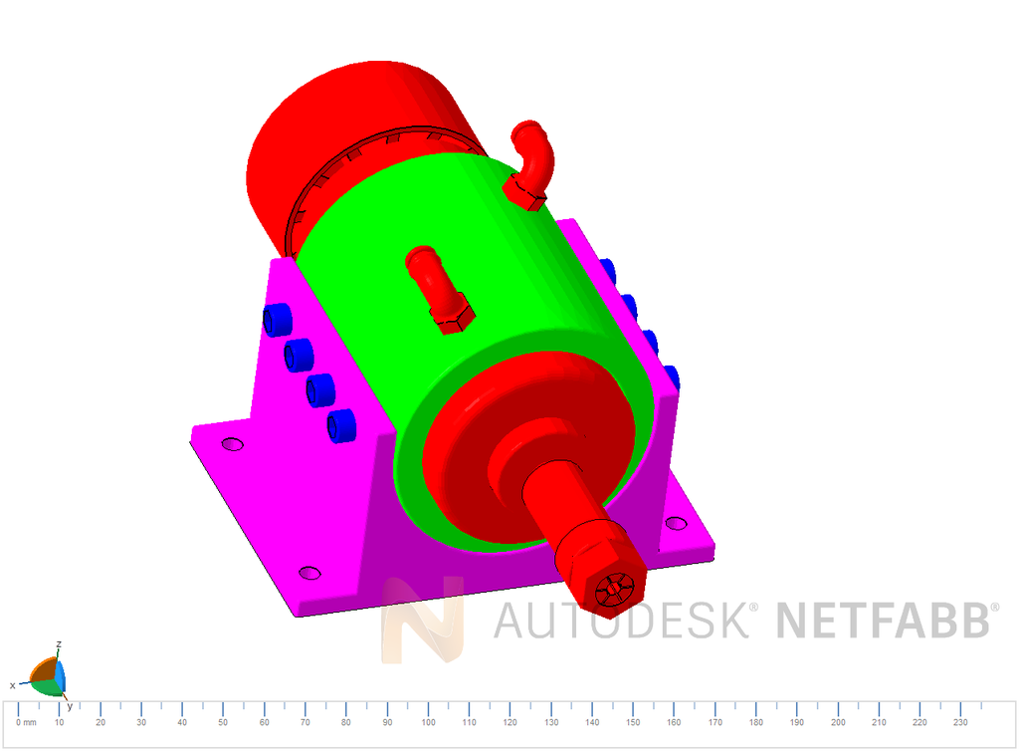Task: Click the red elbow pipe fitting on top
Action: pos(533,159)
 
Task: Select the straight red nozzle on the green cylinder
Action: pos(436,283)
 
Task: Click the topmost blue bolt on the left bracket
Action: pos(276,320)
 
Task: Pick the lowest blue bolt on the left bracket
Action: pos(341,425)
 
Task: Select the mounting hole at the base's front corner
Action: pos(309,573)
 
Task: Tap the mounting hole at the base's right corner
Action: pos(676,523)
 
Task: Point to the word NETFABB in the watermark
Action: pos(882,620)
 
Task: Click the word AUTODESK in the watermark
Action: pos(622,620)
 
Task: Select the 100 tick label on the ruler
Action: pos(428,722)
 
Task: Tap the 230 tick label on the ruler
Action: pos(960,722)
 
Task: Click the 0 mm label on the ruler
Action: pos(26,722)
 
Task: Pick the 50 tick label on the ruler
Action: pos(223,722)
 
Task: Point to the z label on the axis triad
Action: pos(60,644)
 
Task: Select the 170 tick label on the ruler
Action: pos(714,722)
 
